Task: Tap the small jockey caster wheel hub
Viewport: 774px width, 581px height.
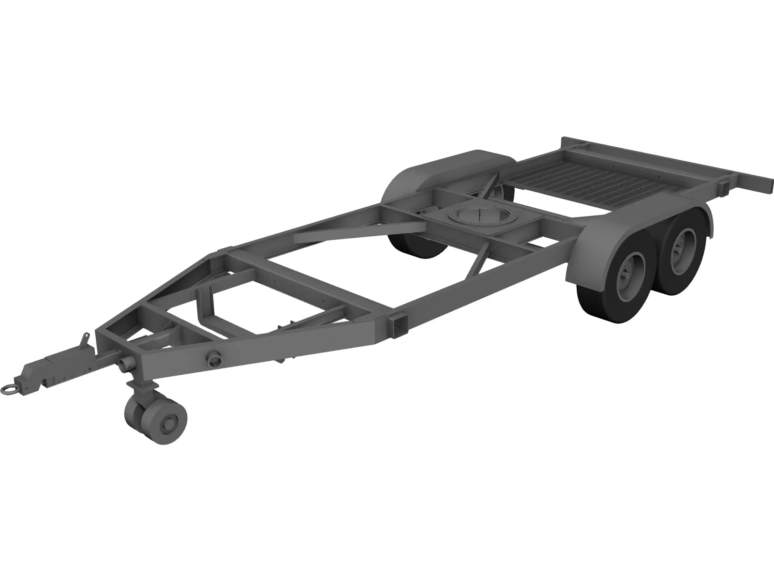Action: (170, 424)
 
